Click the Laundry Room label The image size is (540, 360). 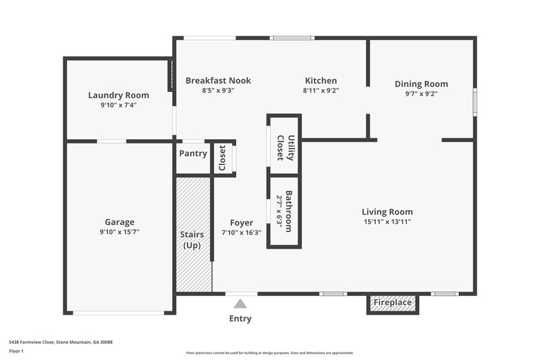pyautogui.click(x=118, y=95)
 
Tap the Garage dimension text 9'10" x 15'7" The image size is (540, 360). pyautogui.click(x=119, y=232)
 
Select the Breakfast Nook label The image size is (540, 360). pyautogui.click(x=218, y=80)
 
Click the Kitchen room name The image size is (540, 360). pyautogui.click(x=321, y=80)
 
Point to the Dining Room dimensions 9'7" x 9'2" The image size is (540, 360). pyautogui.click(x=421, y=94)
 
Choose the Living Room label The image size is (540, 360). pyautogui.click(x=387, y=211)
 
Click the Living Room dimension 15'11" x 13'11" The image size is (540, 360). pyautogui.click(x=387, y=221)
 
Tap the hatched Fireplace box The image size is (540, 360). pyautogui.click(x=393, y=303)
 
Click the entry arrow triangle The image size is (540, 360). pyautogui.click(x=241, y=304)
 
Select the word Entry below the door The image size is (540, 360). pyautogui.click(x=240, y=318)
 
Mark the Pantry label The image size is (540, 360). pyautogui.click(x=193, y=153)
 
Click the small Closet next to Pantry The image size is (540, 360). pyautogui.click(x=222, y=159)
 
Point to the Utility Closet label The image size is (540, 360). pyautogui.click(x=286, y=147)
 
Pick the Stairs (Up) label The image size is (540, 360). pyautogui.click(x=192, y=240)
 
